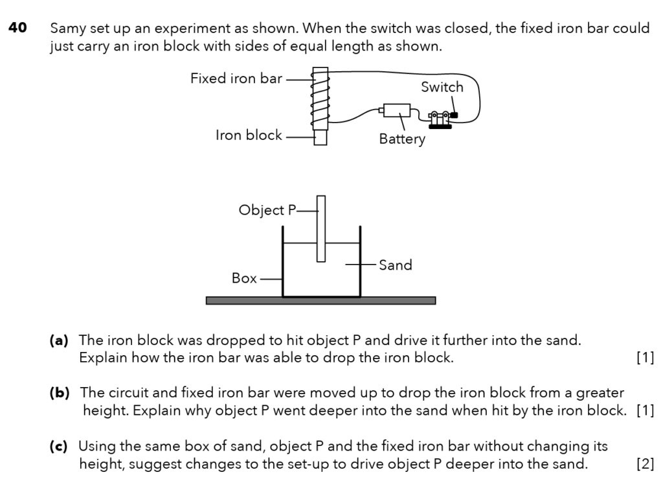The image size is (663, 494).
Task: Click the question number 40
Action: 17,29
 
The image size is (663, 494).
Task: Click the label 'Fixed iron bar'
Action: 236,78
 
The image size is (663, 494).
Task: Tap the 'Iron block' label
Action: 249,135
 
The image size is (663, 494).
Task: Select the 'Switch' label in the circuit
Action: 442,87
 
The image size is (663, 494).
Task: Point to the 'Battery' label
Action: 402,139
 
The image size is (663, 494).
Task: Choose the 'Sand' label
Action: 395,265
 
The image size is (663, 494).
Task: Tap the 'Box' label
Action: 244,278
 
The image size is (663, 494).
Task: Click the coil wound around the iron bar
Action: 320,100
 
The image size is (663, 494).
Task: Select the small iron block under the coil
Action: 320,137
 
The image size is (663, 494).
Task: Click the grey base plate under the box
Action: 320,301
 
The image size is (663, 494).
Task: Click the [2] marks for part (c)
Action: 645,464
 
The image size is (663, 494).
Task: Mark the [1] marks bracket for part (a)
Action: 645,358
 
